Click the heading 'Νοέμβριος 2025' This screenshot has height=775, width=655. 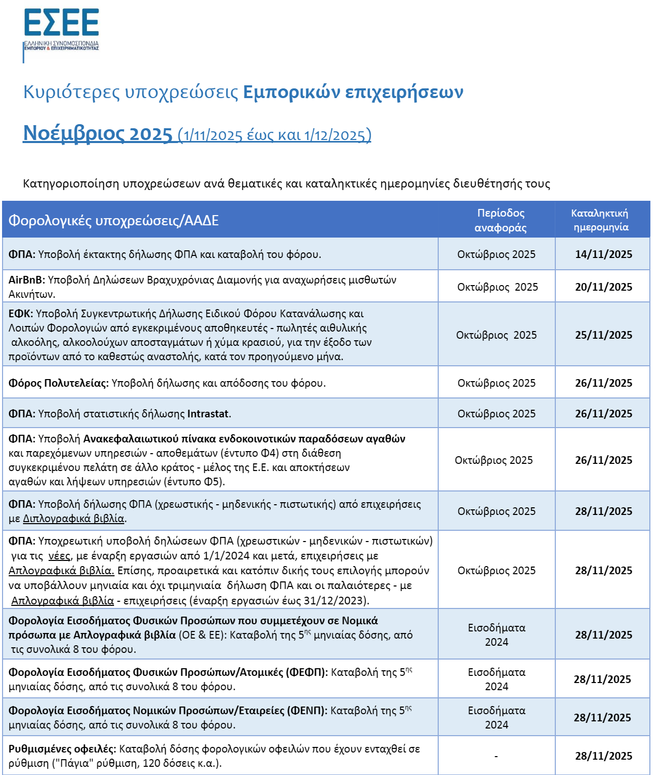click(98, 134)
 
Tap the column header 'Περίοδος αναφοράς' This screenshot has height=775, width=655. click(501, 220)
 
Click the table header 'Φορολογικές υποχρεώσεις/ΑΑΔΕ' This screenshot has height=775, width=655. click(114, 221)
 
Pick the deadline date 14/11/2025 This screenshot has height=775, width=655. click(603, 254)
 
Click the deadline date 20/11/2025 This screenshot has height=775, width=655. click(603, 287)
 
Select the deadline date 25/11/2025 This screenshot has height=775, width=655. click(603, 335)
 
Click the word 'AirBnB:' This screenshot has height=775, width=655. click(27, 280)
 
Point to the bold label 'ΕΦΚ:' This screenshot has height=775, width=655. click(20, 314)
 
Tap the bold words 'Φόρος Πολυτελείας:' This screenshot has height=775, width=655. click(58, 383)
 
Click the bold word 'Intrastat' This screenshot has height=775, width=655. click(208, 414)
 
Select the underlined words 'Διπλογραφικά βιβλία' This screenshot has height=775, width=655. click(74, 519)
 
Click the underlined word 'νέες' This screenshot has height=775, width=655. click(59, 556)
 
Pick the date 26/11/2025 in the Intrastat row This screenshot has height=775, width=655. click(603, 414)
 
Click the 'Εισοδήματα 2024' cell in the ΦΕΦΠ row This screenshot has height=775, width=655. click(496, 679)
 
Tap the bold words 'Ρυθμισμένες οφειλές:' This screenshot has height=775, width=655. click(62, 749)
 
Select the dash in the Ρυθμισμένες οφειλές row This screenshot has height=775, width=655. click(496, 756)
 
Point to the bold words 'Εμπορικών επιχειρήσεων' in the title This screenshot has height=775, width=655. click(353, 92)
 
